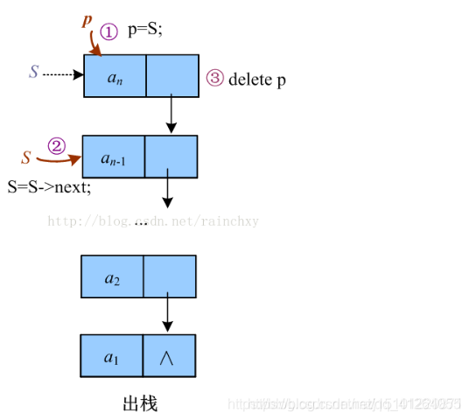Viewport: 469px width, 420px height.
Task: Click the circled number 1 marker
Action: [108, 32]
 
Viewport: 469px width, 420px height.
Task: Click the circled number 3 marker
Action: [215, 79]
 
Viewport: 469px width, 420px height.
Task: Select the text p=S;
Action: [145, 31]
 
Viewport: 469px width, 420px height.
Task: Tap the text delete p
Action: [257, 80]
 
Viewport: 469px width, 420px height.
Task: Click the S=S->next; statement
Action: [49, 185]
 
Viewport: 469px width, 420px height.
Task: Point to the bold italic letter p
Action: [87, 20]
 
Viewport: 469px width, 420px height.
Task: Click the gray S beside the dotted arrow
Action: [33, 73]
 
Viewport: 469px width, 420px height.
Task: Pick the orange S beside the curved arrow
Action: [26, 157]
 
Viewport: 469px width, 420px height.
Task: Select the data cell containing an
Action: [115, 76]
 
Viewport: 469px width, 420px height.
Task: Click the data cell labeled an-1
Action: [112, 157]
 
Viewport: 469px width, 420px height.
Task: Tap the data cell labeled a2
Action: [112, 277]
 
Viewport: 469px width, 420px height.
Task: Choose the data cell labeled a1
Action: [112, 356]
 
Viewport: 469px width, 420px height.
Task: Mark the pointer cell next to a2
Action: [170, 277]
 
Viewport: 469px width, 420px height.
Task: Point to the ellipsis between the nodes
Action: [142, 221]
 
